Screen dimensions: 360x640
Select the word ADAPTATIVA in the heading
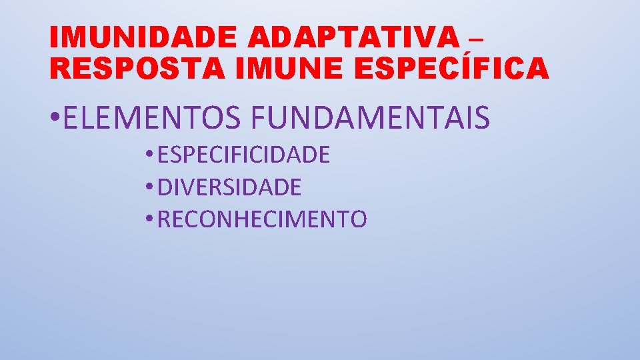354,39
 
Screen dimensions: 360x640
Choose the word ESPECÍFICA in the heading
454,69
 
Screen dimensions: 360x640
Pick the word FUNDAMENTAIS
370,118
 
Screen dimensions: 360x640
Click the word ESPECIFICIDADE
244,155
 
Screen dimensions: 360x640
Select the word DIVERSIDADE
229,187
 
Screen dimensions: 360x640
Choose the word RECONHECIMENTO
262,219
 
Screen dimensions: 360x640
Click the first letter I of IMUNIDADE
55,39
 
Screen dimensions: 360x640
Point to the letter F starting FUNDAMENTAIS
258,118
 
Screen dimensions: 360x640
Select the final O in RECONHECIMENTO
358,219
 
